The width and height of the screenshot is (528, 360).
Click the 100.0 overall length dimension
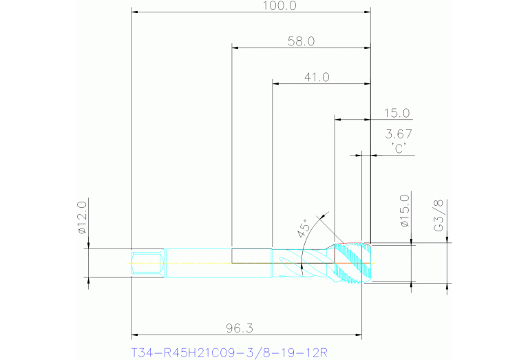(x=279, y=6)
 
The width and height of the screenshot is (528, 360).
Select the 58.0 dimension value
(x=302, y=41)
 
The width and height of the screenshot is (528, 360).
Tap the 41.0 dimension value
(x=317, y=78)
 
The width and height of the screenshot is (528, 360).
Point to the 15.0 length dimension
(x=397, y=113)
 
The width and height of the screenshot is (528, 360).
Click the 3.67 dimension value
(x=399, y=134)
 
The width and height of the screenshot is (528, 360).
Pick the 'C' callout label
(x=399, y=148)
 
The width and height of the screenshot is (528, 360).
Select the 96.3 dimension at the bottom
(x=240, y=328)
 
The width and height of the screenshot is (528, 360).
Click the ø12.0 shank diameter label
(x=82, y=218)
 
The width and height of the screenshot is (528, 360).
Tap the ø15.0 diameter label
(x=405, y=211)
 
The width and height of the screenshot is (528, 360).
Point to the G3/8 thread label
(x=439, y=215)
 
